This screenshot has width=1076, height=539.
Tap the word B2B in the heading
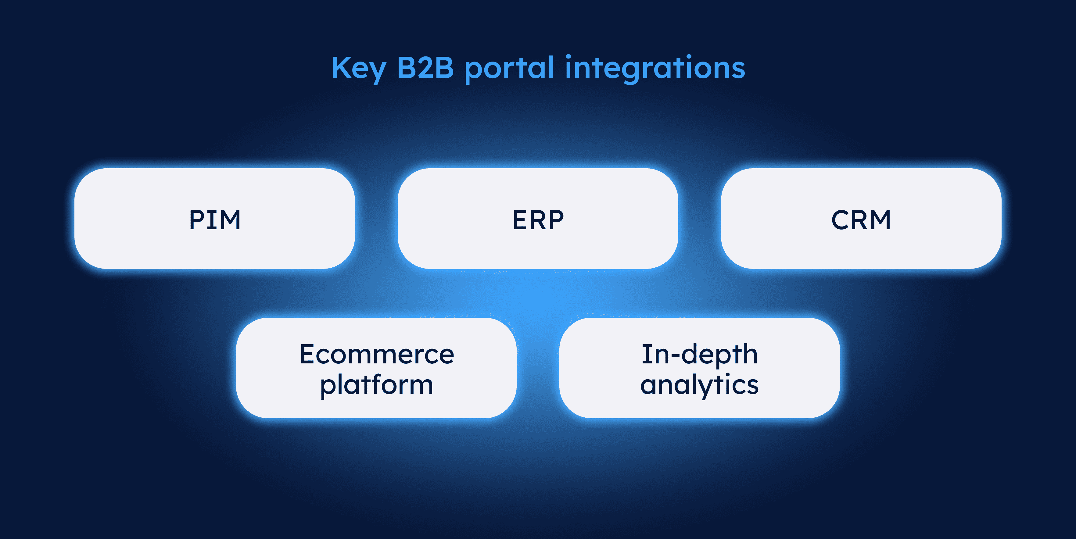425,68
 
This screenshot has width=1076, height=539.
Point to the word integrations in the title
655,69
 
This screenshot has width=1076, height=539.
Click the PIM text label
215,220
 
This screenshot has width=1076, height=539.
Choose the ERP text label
538,220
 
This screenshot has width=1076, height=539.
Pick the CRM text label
861,220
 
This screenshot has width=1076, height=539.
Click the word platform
376,385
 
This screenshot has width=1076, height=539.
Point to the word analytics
699,385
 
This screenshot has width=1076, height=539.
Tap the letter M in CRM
879,220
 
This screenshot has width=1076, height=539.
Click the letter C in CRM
841,220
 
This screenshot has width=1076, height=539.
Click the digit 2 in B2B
425,68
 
